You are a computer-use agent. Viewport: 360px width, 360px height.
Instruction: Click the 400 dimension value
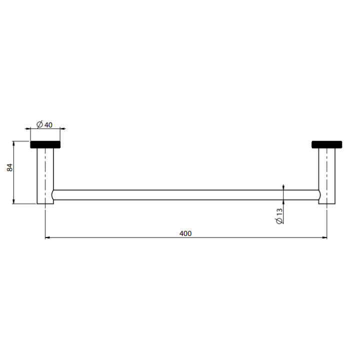tap(185, 233)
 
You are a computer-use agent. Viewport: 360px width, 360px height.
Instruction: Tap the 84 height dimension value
tap(10, 167)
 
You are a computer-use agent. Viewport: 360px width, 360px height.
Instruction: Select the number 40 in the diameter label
tap(48, 125)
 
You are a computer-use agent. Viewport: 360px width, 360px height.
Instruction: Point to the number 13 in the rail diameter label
tap(279, 212)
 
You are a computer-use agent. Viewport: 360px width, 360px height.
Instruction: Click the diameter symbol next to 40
tap(39, 124)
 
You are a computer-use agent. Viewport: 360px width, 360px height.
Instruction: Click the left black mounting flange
tap(45, 144)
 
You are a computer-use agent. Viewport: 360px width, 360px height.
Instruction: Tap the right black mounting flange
tap(326, 144)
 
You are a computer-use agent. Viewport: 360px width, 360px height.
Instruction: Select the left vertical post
tap(45, 176)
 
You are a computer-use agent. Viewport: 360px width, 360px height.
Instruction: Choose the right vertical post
tap(326, 176)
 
